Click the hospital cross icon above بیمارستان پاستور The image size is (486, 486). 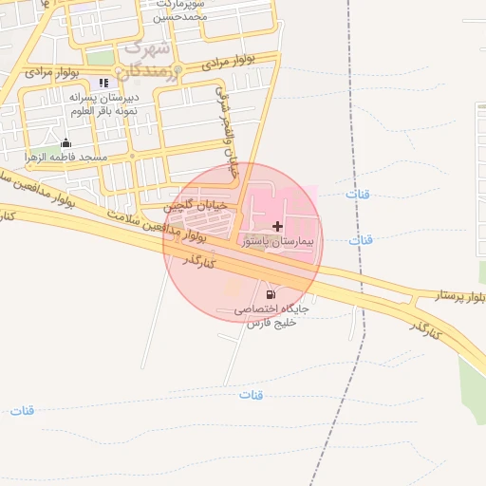[x=276, y=227]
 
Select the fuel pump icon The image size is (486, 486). [x=271, y=295]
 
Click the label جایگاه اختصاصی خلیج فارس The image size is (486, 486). [x=272, y=316]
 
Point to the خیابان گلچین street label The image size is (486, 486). [x=196, y=204]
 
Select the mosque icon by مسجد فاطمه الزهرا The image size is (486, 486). [x=65, y=143]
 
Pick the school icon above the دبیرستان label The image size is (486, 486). [x=103, y=83]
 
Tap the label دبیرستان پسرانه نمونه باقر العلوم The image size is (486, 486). [x=104, y=103]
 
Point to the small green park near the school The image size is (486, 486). [x=101, y=59]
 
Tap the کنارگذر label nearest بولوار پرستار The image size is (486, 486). [x=424, y=328]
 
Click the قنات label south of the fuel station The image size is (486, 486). [x=251, y=394]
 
